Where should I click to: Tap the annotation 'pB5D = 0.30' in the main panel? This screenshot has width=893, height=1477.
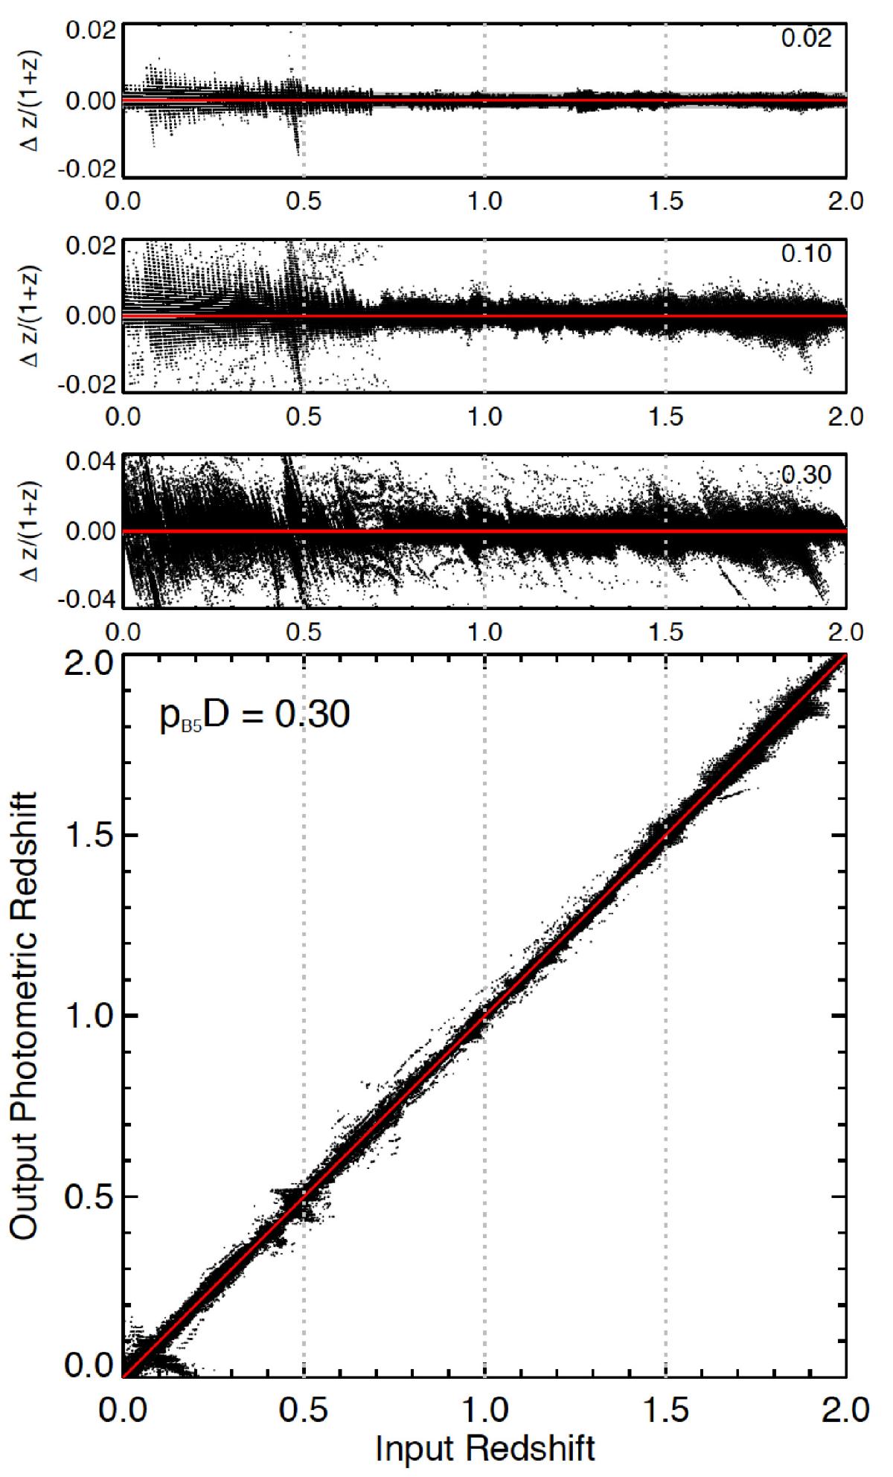coord(255,715)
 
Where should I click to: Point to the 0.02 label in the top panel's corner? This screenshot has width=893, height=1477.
coord(807,38)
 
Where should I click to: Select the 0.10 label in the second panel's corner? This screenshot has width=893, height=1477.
coord(807,254)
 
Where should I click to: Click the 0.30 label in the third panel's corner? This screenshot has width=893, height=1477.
coord(807,474)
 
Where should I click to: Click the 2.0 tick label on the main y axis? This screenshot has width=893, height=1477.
coord(86,664)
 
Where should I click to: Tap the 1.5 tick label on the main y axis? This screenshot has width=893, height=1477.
coord(86,836)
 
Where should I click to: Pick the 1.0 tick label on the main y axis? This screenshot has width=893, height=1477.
coord(86,1016)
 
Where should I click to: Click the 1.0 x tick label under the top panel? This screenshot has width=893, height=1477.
coord(484,201)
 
